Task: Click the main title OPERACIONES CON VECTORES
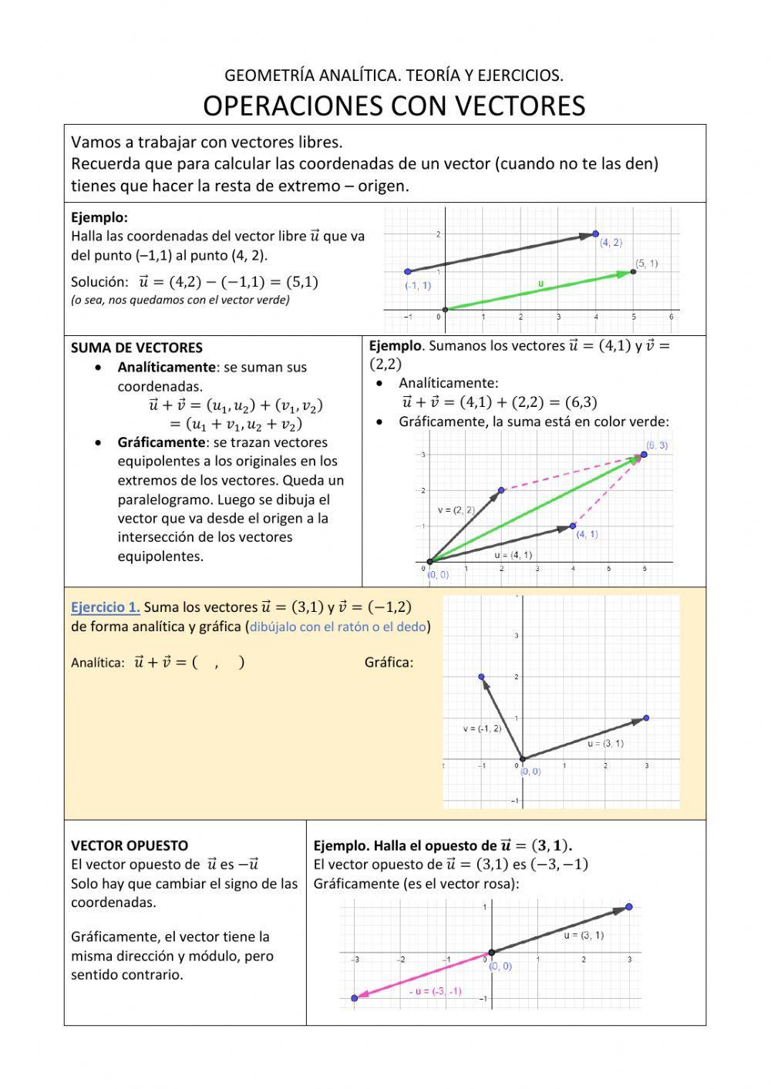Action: (x=394, y=106)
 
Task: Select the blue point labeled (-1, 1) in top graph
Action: (x=408, y=271)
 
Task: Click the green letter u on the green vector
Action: (x=540, y=284)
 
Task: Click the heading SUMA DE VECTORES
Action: (x=136, y=348)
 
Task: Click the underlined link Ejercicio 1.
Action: (x=106, y=607)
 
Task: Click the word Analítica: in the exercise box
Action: (x=98, y=663)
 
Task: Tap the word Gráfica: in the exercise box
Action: (x=389, y=662)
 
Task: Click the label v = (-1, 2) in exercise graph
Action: (x=482, y=728)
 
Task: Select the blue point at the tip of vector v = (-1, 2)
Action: (x=482, y=677)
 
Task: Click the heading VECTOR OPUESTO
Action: (x=130, y=845)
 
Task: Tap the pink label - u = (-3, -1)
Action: (x=435, y=991)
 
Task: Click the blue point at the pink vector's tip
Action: (x=355, y=998)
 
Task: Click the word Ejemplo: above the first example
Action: (x=99, y=217)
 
